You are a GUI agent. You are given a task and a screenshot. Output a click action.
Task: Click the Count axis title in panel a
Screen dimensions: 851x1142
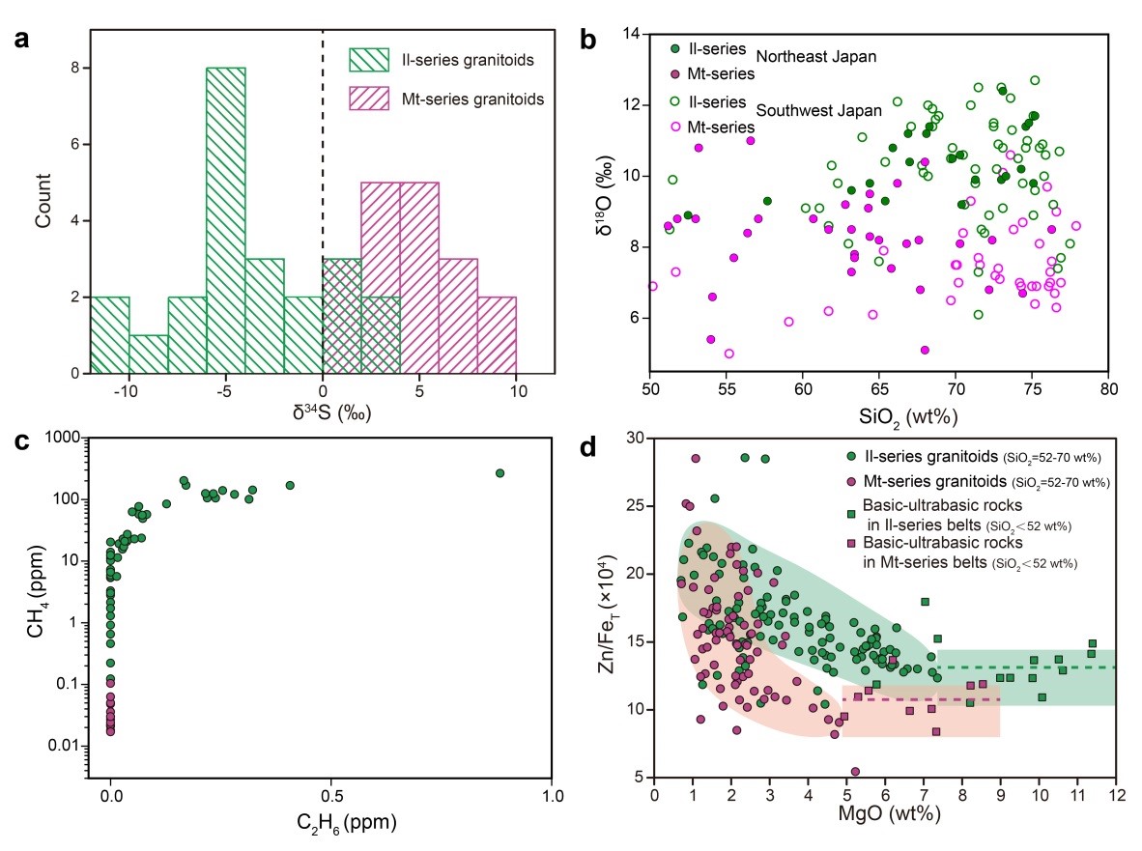pyautogui.click(x=40, y=200)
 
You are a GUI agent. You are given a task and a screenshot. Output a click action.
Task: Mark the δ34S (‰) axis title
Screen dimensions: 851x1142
pyautogui.click(x=322, y=416)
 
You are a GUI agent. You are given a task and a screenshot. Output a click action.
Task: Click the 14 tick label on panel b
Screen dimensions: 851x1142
pyautogui.click(x=633, y=35)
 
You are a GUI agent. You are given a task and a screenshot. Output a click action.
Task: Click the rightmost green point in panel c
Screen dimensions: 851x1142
pyautogui.click(x=500, y=472)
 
